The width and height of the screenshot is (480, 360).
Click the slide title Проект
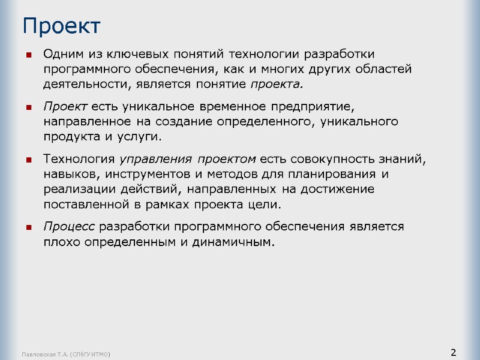tap(61, 26)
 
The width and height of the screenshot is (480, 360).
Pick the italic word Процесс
tap(69, 227)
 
